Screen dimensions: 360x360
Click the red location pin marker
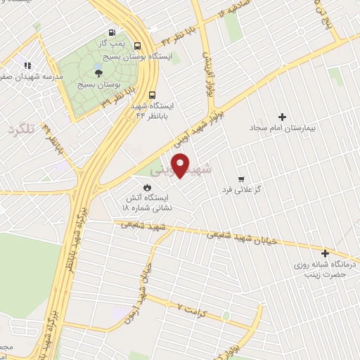pos(181,165)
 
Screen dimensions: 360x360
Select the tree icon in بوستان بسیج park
pos(98,72)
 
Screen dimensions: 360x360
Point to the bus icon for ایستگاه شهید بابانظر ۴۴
pos(153,96)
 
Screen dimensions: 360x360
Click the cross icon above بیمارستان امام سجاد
pos(283,117)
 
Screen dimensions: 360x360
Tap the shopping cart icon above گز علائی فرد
pos(241,179)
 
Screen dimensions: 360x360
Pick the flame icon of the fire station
pos(147,187)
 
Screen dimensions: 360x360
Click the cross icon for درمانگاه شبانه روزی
pos(325,253)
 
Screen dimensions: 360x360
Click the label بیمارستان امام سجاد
pos(283,129)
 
